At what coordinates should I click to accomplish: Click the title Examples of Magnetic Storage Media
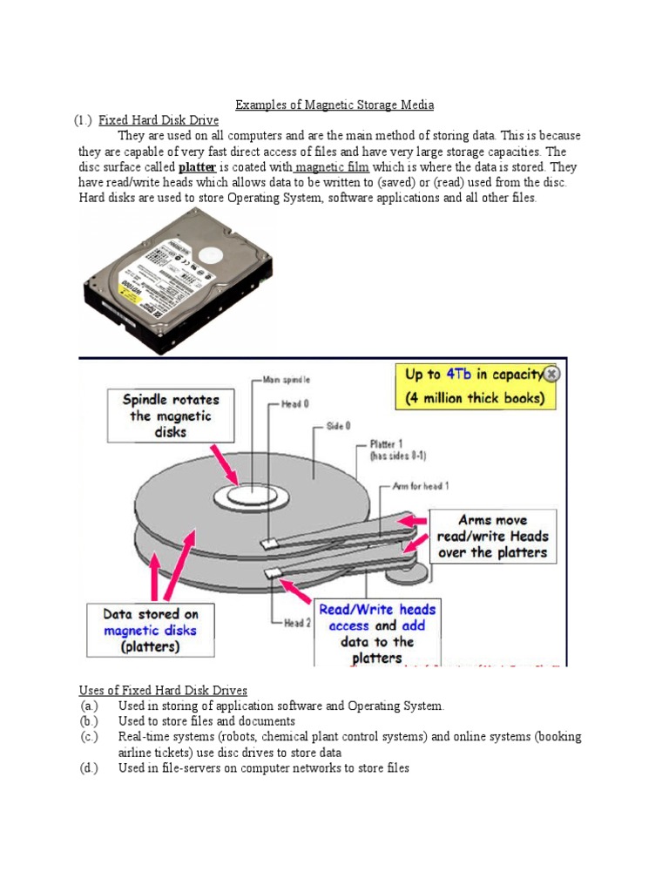(335, 105)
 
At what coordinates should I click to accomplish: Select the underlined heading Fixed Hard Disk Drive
(158, 120)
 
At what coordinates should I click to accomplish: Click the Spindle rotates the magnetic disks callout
(171, 416)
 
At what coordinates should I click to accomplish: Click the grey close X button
(552, 375)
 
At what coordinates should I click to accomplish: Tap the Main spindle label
(285, 380)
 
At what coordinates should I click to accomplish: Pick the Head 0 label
(294, 404)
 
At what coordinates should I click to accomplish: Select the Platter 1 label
(398, 449)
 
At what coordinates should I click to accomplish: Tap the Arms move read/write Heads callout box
(493, 536)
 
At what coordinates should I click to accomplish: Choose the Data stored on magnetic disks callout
(150, 630)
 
